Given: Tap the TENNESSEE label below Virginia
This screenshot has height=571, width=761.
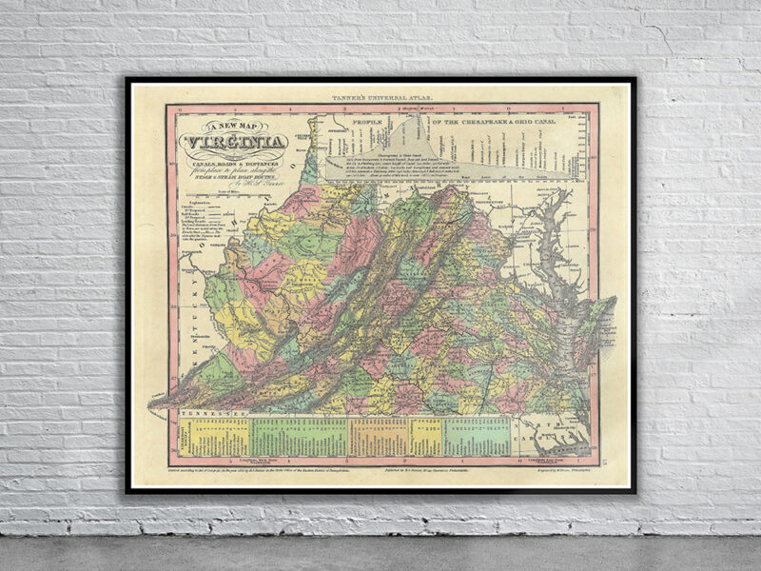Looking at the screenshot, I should pos(209,415).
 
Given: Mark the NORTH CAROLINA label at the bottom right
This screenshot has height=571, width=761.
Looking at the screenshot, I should pos(561,428).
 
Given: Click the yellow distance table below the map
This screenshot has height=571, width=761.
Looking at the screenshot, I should pos(219,437).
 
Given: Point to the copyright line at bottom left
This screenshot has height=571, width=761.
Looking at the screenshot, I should pos(257,471).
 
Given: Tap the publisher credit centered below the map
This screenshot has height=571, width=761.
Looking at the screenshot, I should pos(423,471).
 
